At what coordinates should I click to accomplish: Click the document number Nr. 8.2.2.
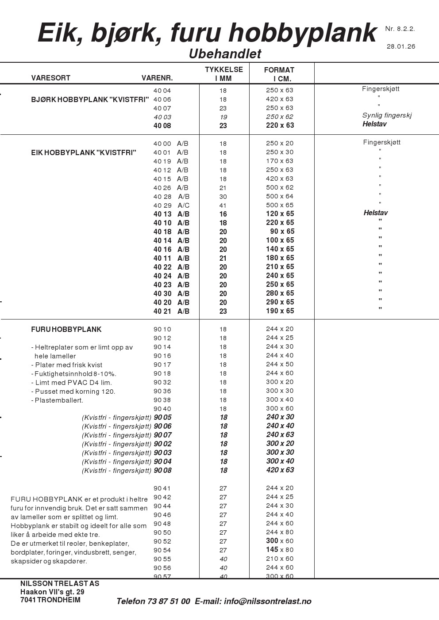point(400,29)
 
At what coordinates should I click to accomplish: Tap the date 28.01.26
point(401,46)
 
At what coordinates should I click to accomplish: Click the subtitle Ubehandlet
point(225,54)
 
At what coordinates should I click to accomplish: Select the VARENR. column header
point(157,78)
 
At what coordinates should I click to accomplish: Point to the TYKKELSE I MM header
point(223,74)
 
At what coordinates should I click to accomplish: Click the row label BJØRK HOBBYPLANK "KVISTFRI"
point(90,100)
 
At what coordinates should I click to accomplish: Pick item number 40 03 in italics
point(162,117)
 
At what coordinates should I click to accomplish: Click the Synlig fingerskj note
point(387,115)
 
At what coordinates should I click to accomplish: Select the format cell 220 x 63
point(280,126)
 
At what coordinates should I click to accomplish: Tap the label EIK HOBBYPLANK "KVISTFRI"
point(84,153)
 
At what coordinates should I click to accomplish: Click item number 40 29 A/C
point(171,205)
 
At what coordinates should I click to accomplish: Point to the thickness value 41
point(223,205)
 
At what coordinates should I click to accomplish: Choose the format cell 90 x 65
point(282,232)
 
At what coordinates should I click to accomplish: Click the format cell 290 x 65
point(280,302)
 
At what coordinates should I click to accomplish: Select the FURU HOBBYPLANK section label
point(66,330)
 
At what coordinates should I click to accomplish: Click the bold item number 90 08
point(162,471)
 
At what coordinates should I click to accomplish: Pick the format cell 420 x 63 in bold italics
point(280,470)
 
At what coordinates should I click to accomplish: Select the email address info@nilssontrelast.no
point(267,601)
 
